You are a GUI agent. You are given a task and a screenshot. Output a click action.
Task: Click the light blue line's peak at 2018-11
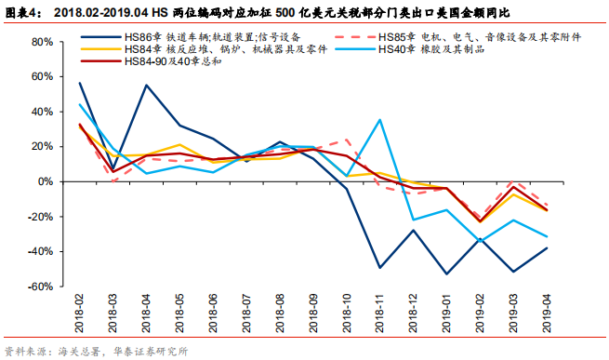pos(379,120)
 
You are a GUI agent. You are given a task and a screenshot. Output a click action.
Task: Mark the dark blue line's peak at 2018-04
pos(147,86)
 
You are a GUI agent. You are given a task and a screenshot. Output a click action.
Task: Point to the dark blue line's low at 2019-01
pos(446,273)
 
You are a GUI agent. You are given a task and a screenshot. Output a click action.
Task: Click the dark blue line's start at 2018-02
pos(79,83)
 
